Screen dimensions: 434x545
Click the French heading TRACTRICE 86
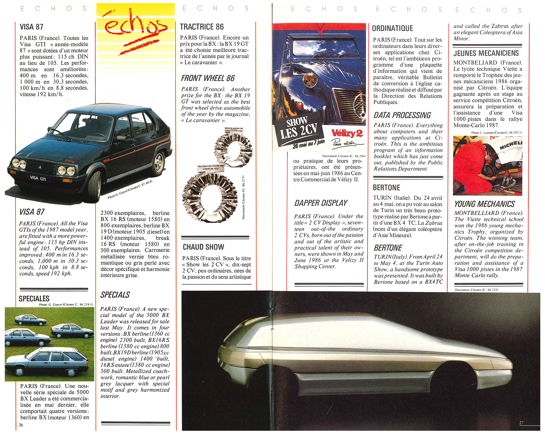pyautogui.click(x=202, y=27)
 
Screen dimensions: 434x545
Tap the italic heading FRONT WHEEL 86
pyautogui.click(x=208, y=78)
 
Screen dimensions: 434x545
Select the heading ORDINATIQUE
pyautogui.click(x=392, y=28)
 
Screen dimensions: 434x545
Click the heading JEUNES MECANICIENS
pyautogui.click(x=486, y=53)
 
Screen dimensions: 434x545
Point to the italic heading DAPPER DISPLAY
pyautogui.click(x=321, y=203)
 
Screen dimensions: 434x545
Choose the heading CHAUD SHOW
pyautogui.click(x=203, y=247)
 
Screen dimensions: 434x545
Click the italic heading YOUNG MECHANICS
pyautogui.click(x=484, y=204)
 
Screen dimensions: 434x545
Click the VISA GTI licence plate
pyautogui.click(x=38, y=178)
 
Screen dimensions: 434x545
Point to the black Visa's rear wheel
pyautogui.click(x=159, y=163)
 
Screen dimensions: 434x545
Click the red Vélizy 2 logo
pyautogui.click(x=347, y=133)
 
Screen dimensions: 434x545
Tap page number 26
pyautogui.click(x=21, y=425)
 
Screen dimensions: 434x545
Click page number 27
pyautogui.click(x=521, y=423)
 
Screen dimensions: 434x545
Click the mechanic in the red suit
pyautogui.click(x=473, y=166)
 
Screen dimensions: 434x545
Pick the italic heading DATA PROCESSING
pyautogui.click(x=402, y=115)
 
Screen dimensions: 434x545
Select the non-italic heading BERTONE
pyautogui.click(x=386, y=188)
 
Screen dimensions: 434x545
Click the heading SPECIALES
pyautogui.click(x=34, y=299)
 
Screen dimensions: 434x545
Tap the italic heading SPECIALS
pyautogui.click(x=115, y=295)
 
